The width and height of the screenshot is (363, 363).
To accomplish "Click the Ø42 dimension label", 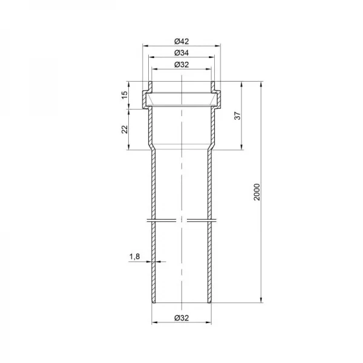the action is [181, 41].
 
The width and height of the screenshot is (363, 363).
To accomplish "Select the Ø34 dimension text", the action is [181, 53].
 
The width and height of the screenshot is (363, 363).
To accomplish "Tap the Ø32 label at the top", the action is [181, 65].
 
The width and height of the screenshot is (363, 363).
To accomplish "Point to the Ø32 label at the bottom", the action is [181, 318].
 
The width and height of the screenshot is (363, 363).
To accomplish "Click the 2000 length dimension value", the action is [257, 192].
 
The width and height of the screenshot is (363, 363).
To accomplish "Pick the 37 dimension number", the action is [238, 116].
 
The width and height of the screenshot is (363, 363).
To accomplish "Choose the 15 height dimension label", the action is [125, 95].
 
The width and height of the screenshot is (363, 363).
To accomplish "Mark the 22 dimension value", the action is [125, 129].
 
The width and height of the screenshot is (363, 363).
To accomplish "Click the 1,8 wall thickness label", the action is [134, 257].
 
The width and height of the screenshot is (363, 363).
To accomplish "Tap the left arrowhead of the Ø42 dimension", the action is [145, 46].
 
